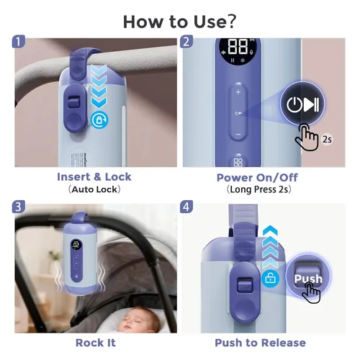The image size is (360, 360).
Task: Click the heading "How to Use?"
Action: point(179,20)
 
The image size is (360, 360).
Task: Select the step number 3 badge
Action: point(20,208)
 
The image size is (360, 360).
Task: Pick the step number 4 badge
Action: point(186,208)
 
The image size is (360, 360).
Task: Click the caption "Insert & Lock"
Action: point(94,177)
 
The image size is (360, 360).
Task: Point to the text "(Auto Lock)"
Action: point(94,189)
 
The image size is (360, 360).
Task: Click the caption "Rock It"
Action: point(94,343)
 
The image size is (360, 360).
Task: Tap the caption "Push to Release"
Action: point(260,343)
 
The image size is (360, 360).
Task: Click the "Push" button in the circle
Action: point(308,279)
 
